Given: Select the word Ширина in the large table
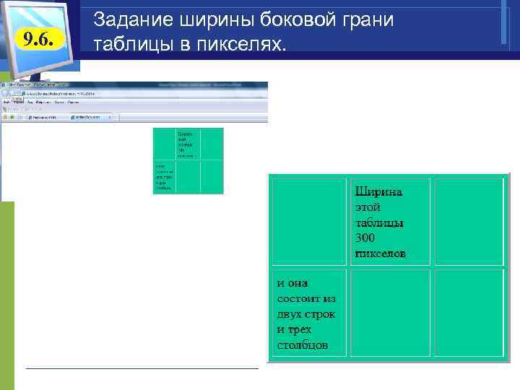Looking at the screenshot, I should click(x=378, y=192).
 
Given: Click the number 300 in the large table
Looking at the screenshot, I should click(x=365, y=238).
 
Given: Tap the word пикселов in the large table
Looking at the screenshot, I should click(x=380, y=253).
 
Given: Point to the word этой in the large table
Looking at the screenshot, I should click(x=367, y=207).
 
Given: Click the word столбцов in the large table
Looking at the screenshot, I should click(x=302, y=344).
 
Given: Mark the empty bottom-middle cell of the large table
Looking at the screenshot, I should click(x=390, y=313).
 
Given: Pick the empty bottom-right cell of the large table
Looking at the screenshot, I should click(x=469, y=313).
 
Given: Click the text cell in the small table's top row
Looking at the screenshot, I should click(x=188, y=144).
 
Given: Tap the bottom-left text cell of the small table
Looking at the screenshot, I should click(x=165, y=177).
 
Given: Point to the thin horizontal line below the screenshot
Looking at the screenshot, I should click(x=142, y=368).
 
